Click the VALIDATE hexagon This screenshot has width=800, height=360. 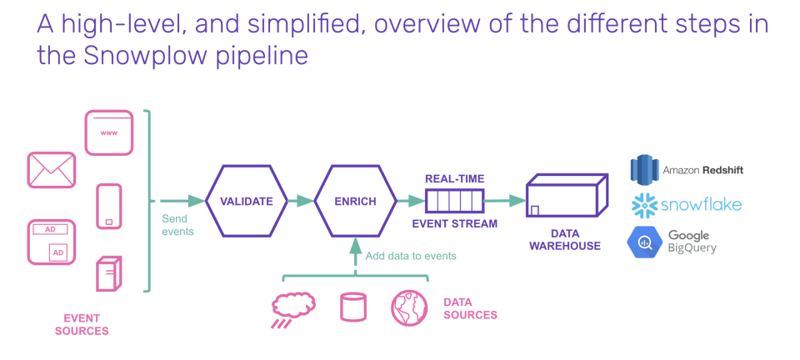click(247, 201)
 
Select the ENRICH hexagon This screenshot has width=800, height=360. click(356, 201)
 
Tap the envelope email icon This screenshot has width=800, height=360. click(52, 171)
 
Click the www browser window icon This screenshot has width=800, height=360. click(108, 132)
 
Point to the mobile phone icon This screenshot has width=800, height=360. click(108, 205)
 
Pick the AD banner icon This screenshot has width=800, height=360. click(52, 242)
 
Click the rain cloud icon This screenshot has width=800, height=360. click(292, 307)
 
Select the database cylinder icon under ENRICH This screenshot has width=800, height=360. click(352, 307)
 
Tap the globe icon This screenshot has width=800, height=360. click(409, 307)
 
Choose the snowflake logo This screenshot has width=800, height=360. click(687, 205)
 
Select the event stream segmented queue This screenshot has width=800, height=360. click(455, 201)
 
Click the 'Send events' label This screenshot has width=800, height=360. click(177, 225)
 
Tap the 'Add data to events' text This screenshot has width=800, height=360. click(411, 256)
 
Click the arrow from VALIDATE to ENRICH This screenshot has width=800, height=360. click(299, 201)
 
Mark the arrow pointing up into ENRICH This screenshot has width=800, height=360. click(355, 250)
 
